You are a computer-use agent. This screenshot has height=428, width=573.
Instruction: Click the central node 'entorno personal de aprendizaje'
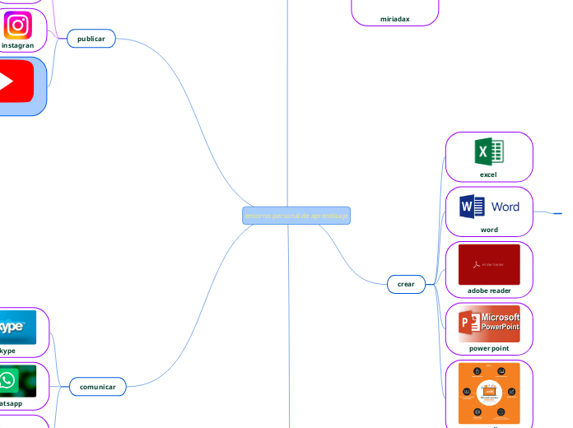[x=296, y=216]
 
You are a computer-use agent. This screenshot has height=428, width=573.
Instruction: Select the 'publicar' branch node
[x=91, y=39]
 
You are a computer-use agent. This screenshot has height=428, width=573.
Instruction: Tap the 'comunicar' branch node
[x=97, y=386]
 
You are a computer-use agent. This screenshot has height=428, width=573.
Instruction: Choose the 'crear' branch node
[x=406, y=284]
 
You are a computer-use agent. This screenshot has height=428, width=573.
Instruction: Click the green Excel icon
[x=489, y=151]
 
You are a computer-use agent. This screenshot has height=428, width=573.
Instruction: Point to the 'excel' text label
[x=488, y=174]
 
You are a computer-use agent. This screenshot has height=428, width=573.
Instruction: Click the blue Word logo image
[x=489, y=206]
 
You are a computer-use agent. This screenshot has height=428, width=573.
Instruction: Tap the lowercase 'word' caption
[x=489, y=230]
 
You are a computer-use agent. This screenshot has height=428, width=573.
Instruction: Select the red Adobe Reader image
[x=489, y=264]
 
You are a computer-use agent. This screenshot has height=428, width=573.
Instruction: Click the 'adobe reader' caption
[x=489, y=291]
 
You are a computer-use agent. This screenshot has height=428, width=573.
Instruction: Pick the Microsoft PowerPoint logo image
[x=489, y=323]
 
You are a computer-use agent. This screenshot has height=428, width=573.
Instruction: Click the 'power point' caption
[x=489, y=348]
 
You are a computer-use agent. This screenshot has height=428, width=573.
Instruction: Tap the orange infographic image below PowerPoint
[x=489, y=393]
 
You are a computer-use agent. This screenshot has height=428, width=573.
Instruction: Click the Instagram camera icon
[x=16, y=26]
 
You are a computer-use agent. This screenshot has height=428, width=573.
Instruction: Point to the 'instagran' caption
[x=17, y=46]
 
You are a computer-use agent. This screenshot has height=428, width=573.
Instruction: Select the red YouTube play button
[x=15, y=81]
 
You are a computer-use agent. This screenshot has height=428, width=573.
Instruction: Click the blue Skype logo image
[x=16, y=327]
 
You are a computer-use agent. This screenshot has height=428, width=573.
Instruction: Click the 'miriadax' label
[x=394, y=17]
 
